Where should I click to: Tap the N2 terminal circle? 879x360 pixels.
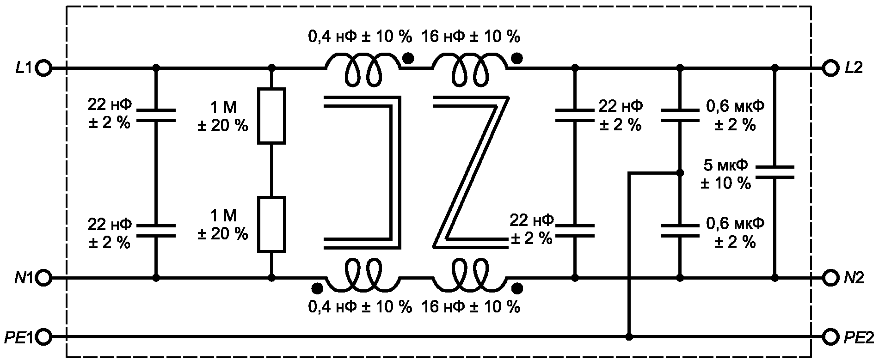(x=830, y=278)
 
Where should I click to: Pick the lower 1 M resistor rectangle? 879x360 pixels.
(x=271, y=225)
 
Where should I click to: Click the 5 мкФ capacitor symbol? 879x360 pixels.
(x=775, y=172)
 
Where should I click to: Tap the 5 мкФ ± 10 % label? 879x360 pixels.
(x=725, y=175)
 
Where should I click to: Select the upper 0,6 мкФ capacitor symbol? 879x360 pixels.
(x=680, y=116)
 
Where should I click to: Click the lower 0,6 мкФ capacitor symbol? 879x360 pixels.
(x=680, y=231)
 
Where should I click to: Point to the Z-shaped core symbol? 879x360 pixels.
(x=470, y=172)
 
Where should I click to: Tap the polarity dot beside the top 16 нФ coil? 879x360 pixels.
(x=517, y=58)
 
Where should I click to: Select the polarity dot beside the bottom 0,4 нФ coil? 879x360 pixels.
(x=317, y=288)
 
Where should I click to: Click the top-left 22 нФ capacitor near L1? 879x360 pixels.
(x=156, y=116)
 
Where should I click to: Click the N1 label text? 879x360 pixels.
(x=24, y=278)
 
